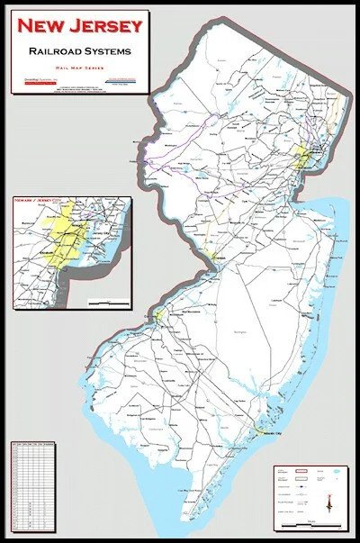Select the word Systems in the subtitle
(x=108, y=51)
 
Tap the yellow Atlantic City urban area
(x=258, y=430)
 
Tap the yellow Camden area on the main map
(x=158, y=316)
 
